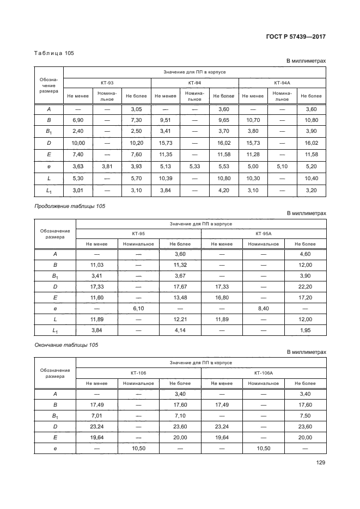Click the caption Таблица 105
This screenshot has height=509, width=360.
[53, 53]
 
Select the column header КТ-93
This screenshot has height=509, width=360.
[107, 83]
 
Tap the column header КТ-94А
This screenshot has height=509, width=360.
[282, 83]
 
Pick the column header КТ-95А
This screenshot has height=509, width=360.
[263, 233]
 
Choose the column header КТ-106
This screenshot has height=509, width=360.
[138, 373]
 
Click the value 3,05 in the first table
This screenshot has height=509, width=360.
[136, 109]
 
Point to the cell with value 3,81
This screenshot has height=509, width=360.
[107, 167]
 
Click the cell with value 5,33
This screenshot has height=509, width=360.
[194, 167]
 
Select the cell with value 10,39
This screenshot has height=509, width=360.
[166, 178]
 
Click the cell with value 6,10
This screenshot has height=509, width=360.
[138, 308]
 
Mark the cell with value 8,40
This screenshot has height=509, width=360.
[263, 308]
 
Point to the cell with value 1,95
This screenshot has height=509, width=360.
[305, 330]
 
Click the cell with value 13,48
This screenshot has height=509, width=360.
[180, 297]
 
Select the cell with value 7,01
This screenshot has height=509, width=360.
[96, 415]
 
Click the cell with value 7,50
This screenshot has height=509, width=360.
[305, 415]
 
